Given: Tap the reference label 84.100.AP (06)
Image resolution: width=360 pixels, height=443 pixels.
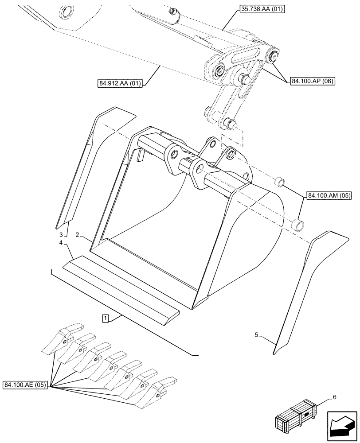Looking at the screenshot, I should click(313, 81).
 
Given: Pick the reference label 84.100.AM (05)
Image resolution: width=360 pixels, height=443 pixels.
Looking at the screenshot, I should click(329, 195).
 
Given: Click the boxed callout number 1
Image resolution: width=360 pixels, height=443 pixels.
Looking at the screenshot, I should click(105, 318).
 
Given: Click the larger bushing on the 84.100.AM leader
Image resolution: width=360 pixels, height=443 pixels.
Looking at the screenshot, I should click(298, 224).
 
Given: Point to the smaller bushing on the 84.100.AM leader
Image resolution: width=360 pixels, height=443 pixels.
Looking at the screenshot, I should click(279, 182).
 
